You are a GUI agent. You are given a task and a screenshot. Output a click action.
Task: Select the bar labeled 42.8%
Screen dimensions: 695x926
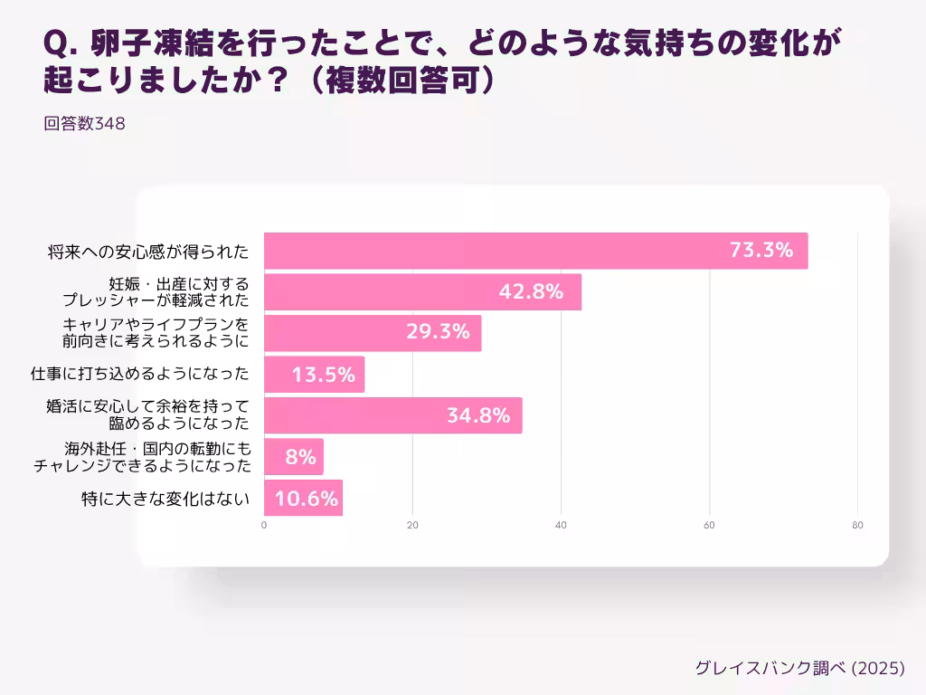(422, 292)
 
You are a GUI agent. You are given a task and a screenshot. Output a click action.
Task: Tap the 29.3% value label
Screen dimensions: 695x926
(438, 332)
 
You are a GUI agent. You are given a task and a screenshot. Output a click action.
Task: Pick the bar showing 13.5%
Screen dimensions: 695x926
(314, 375)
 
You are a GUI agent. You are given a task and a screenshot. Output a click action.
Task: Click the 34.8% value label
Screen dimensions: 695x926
(478, 416)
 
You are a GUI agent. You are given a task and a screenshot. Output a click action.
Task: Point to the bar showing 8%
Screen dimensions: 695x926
(293, 457)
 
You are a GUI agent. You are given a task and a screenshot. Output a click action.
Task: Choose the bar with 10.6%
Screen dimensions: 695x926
(303, 498)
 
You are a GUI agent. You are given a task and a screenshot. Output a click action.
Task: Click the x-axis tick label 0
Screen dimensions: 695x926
(264, 526)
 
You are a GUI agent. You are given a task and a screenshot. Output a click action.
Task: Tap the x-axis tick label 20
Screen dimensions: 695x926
(412, 526)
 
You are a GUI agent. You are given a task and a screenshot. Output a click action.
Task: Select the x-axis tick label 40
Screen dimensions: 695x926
(561, 526)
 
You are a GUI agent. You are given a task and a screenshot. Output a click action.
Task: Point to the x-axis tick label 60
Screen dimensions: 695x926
(709, 526)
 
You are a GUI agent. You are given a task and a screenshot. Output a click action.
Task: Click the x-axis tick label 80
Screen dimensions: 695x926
(857, 526)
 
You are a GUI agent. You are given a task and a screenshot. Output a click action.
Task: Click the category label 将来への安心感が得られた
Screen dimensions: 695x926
(147, 252)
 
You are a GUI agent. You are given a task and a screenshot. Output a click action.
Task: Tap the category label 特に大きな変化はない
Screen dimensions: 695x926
(165, 498)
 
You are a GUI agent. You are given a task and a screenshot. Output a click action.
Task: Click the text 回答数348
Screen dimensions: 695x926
(84, 125)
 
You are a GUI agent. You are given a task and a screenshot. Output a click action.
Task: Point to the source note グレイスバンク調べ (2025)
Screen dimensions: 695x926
(799, 669)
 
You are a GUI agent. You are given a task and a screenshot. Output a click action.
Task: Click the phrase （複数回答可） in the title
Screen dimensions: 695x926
(399, 79)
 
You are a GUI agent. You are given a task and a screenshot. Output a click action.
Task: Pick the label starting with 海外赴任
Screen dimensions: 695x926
(144, 457)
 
